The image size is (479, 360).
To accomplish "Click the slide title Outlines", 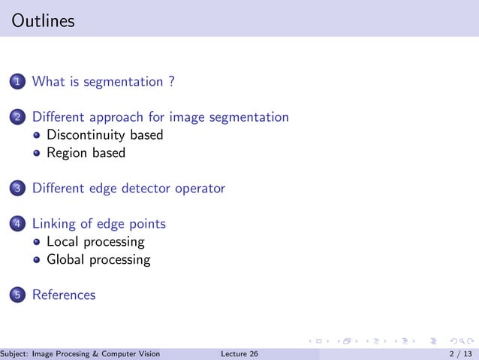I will (44, 21).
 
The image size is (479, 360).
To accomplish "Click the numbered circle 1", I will (18, 82).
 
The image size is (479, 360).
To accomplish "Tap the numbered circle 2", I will (18, 117).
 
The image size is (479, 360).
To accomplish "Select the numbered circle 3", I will (18, 189).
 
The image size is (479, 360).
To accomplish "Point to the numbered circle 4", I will (18, 224).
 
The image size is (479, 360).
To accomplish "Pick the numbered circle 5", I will (18, 295).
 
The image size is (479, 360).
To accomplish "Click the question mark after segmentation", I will (171, 81).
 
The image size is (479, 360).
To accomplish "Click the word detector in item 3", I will (147, 188).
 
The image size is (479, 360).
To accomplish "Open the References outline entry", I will (64, 295).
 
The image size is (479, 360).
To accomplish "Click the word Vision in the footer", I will (149, 354).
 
